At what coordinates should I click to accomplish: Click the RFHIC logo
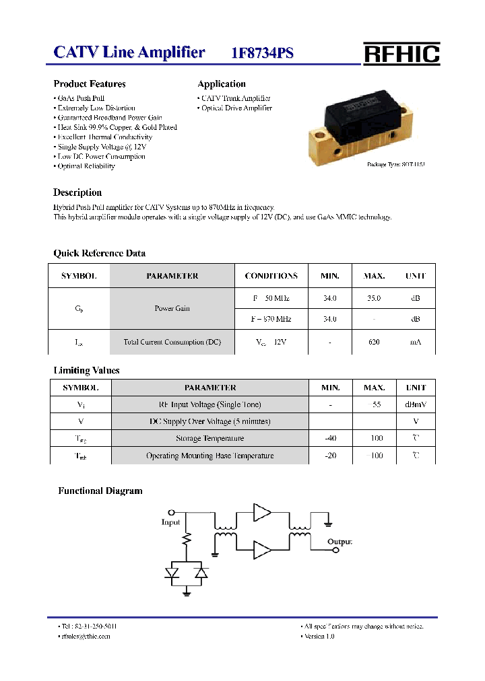click(x=401, y=53)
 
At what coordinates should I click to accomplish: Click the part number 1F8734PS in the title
click(x=262, y=54)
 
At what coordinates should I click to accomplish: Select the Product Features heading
click(x=90, y=84)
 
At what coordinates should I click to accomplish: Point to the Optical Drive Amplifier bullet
click(x=235, y=108)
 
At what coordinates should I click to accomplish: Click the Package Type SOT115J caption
click(x=395, y=164)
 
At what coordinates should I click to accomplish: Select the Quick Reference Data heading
click(x=99, y=254)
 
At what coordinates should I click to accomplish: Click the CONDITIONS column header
click(x=271, y=276)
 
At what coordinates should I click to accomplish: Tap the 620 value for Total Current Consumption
click(x=374, y=343)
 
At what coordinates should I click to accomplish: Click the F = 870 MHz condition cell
click(x=271, y=319)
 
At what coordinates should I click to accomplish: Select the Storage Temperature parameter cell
click(x=210, y=439)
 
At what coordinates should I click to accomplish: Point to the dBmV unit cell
click(x=416, y=404)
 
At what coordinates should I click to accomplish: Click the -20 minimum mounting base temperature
click(x=330, y=456)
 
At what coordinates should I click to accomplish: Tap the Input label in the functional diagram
click(x=171, y=522)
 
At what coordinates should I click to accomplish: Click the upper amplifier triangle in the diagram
click(x=261, y=513)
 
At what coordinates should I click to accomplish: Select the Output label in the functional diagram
click(x=339, y=542)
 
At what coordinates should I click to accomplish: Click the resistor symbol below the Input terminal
click(x=187, y=540)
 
